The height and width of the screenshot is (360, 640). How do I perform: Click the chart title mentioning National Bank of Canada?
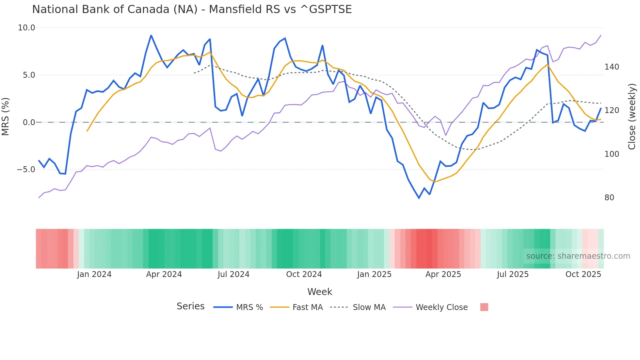(192, 9)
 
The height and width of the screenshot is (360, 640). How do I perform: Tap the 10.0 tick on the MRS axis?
(26, 28)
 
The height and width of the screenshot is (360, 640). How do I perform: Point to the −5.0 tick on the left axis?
(26, 170)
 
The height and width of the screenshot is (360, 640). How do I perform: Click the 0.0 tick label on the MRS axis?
(29, 123)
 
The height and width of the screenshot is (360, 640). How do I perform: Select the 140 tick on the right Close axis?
(612, 67)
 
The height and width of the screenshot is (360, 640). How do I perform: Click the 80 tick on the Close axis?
(609, 198)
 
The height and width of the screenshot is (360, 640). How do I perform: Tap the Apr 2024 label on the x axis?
(164, 274)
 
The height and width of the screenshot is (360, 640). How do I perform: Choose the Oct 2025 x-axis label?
(583, 274)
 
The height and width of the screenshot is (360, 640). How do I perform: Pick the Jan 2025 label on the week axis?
(374, 274)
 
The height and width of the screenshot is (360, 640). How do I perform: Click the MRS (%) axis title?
(6, 117)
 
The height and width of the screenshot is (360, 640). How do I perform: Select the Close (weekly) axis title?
(632, 117)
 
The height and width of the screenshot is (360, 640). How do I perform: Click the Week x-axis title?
(320, 292)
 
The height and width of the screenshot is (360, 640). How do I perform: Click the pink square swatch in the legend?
(484, 307)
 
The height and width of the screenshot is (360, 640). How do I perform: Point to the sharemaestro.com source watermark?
(578, 256)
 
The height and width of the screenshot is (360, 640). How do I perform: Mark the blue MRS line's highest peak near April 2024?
(151, 35)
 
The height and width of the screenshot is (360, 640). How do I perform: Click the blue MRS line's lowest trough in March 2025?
(419, 198)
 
